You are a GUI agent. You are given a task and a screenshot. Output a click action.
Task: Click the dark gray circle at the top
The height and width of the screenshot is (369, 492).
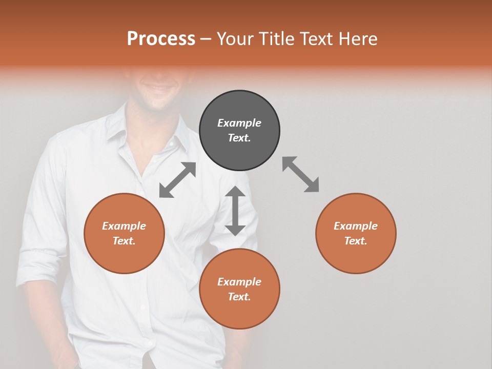[239, 131]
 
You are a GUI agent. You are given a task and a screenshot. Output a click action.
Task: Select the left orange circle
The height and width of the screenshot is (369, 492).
[124, 233]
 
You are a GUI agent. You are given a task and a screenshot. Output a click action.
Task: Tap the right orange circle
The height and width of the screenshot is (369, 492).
[356, 233]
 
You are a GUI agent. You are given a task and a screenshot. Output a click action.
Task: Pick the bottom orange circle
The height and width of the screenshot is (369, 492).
[239, 289]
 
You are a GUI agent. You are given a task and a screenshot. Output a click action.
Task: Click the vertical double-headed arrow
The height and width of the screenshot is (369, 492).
[235, 211]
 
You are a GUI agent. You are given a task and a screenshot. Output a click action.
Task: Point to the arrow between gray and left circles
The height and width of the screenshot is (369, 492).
[177, 180]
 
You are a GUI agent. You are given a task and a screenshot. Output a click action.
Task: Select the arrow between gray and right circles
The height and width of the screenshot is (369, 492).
[301, 174]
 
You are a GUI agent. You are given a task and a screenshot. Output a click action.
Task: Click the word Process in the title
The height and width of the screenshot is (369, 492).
[161, 39]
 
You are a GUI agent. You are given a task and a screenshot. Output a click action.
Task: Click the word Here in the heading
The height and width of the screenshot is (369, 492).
[358, 39]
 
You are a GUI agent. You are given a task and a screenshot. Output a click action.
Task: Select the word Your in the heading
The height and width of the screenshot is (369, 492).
[236, 39]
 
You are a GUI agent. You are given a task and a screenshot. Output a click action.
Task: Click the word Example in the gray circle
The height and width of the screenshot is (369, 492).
[239, 123]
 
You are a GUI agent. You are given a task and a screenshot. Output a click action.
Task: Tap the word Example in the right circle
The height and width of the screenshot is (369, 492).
[356, 226]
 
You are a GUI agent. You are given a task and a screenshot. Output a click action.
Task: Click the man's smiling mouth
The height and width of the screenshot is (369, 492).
[158, 88]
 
